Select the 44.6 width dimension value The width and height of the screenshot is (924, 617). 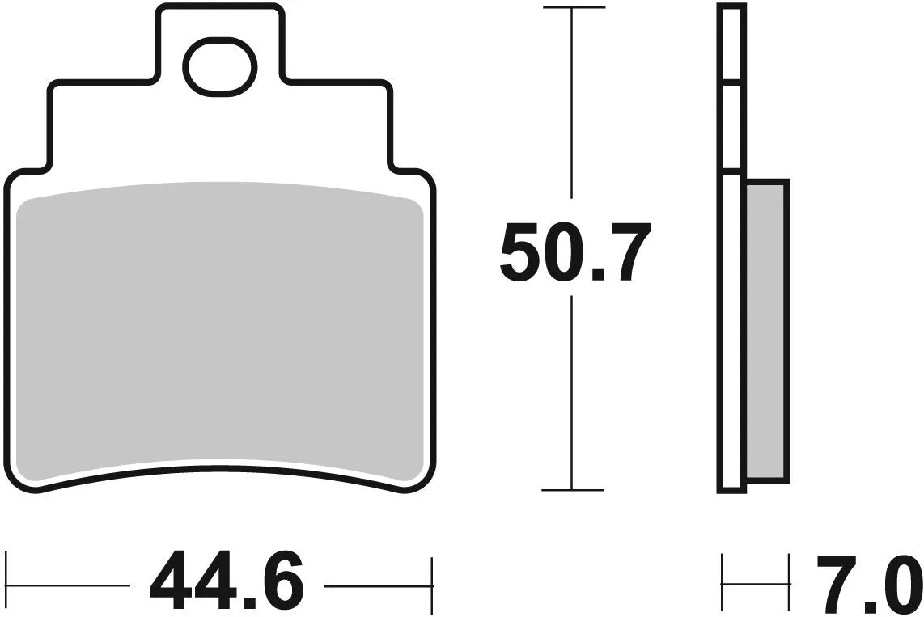[x=226, y=583]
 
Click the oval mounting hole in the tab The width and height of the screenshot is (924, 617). [x=220, y=66]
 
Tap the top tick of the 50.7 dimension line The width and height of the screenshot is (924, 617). [x=573, y=8]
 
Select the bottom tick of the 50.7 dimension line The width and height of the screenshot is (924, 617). [x=573, y=490]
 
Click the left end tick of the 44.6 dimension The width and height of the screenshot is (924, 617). [x=6, y=583]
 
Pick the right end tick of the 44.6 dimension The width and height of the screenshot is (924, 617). [x=434, y=583]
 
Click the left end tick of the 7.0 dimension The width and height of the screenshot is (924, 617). [x=722, y=583]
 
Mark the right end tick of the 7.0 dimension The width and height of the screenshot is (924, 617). [x=789, y=583]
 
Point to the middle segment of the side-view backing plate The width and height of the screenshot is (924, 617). [x=730, y=126]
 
